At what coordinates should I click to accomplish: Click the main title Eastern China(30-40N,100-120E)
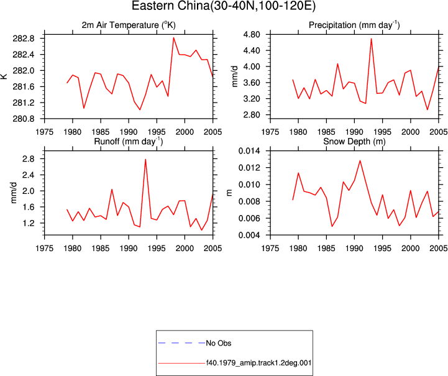224,6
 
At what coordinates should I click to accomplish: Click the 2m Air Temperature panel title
129,25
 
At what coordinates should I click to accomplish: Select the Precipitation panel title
354,25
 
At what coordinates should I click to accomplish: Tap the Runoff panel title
129,142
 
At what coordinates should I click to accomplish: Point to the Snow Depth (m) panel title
354,142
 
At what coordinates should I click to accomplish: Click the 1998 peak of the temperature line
173,37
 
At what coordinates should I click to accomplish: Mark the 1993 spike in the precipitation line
371,39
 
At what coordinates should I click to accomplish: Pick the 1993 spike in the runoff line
145,159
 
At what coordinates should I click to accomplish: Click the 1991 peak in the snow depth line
360,160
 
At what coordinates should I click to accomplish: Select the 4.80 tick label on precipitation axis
252,35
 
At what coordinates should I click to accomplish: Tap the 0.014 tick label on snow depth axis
249,151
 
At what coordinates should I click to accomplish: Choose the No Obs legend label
219,343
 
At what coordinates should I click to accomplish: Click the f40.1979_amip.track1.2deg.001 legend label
258,363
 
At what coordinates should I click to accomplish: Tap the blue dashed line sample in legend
181,343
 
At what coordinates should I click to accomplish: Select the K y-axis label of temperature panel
4,76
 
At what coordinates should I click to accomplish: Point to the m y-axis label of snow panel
229,193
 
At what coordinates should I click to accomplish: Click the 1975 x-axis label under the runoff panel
44,248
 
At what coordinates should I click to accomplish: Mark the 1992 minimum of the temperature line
140,109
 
